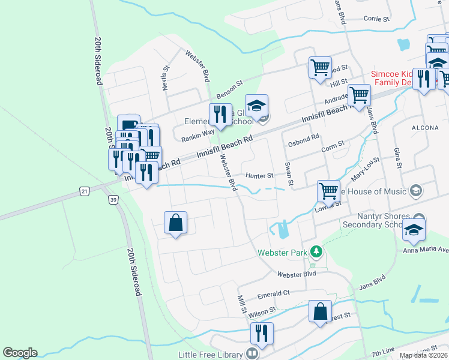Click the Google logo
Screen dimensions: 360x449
tap(20, 353)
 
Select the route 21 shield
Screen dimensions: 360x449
tap(84, 191)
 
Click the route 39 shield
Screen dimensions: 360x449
tap(112, 199)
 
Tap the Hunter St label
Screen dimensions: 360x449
tap(259, 176)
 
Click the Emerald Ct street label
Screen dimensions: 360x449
tap(274, 293)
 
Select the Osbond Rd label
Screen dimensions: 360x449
tap(303, 139)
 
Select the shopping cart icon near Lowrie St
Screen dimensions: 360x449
tap(328, 191)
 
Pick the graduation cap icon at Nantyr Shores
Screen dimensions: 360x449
tap(413, 229)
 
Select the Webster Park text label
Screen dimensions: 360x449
tap(283, 253)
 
